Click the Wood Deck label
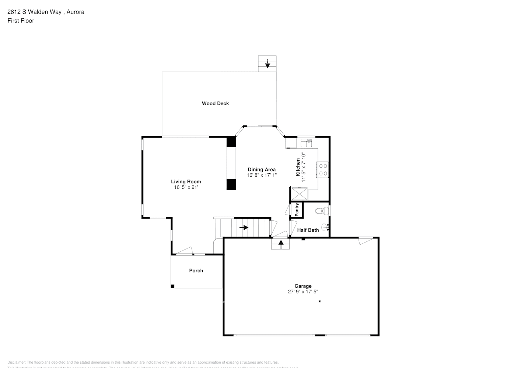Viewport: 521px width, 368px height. pyautogui.click(x=215, y=103)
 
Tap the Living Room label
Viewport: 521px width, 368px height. pyautogui.click(x=186, y=181)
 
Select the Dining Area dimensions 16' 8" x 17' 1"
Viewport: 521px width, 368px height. pyautogui.click(x=262, y=175)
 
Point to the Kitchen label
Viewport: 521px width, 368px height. pyautogui.click(x=298, y=167)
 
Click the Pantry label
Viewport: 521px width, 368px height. pyautogui.click(x=297, y=210)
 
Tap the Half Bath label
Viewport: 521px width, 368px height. pyautogui.click(x=308, y=230)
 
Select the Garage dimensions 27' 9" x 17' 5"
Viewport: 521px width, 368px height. pyautogui.click(x=303, y=291)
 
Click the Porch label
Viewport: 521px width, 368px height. pyautogui.click(x=196, y=270)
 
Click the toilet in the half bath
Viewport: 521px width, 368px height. pyautogui.click(x=322, y=211)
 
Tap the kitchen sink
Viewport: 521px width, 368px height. pyautogui.click(x=306, y=142)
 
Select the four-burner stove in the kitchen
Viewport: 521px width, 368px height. pyautogui.click(x=323, y=170)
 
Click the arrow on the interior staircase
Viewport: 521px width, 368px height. pyautogui.click(x=244, y=227)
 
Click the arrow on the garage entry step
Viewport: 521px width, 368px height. pyautogui.click(x=281, y=243)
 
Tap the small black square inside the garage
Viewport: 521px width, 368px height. pyautogui.click(x=319, y=301)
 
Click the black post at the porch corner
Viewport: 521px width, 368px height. pyautogui.click(x=172, y=286)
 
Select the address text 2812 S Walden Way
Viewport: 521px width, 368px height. pyautogui.click(x=34, y=12)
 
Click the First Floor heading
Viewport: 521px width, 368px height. pyautogui.click(x=21, y=21)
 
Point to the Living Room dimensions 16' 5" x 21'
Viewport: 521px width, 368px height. pyautogui.click(x=186, y=187)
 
